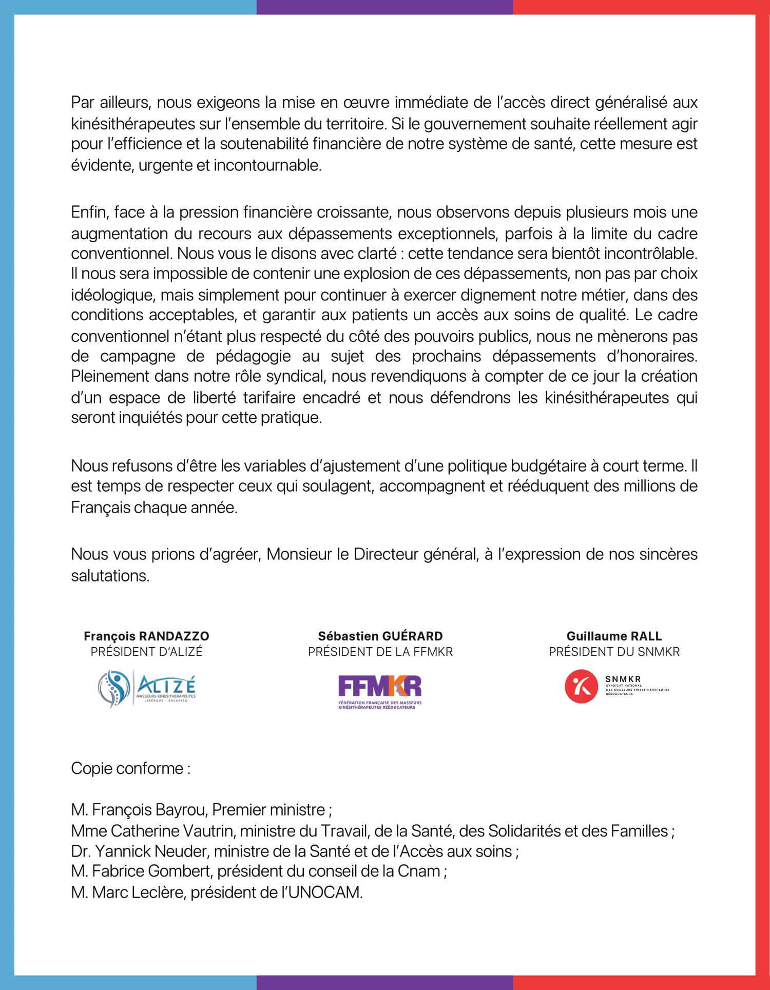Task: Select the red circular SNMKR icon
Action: pyautogui.click(x=581, y=686)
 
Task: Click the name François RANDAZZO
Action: pyautogui.click(x=147, y=636)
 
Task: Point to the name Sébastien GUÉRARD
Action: pyautogui.click(x=380, y=636)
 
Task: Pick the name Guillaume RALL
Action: pyautogui.click(x=614, y=636)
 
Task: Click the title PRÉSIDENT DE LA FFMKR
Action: pyautogui.click(x=380, y=652)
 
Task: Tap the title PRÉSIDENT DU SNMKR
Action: pyautogui.click(x=614, y=652)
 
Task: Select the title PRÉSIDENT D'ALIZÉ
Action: pyautogui.click(x=147, y=652)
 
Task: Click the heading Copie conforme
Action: pyautogui.click(x=131, y=769)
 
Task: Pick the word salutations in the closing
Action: pyautogui.click(x=109, y=575)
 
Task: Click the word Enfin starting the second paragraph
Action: pyautogui.click(x=88, y=212)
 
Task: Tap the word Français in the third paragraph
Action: pyautogui.click(x=101, y=508)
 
